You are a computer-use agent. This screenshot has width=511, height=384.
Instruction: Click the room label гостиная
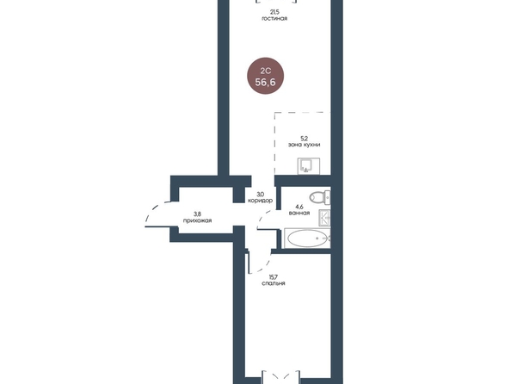coord(274,19)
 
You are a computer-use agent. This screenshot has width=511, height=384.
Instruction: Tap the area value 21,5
coord(274,12)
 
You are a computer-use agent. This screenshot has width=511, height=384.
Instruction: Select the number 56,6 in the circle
coord(265,82)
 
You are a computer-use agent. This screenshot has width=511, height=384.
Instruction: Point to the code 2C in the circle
coord(265,71)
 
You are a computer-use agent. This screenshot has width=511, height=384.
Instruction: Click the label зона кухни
coord(304,145)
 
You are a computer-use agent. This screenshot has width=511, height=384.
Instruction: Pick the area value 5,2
coord(304,139)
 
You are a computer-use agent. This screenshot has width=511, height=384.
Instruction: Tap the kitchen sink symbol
coord(308,166)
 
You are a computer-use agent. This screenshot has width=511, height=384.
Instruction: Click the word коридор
coord(260,201)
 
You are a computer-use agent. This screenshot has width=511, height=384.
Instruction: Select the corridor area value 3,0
coord(260,195)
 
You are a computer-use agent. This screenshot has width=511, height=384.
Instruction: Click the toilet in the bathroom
coord(320,196)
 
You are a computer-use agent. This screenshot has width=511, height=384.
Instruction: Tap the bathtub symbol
coord(307,238)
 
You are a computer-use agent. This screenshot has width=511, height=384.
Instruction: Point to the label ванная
coord(299,213)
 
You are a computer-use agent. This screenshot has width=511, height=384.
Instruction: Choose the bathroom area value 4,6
coord(299,207)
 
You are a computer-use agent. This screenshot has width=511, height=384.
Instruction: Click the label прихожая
coord(197,220)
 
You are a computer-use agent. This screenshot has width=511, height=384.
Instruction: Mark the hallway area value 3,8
coord(197,214)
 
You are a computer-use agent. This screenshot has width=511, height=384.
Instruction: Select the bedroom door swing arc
coord(266,266)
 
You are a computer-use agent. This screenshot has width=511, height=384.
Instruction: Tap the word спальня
coord(274,283)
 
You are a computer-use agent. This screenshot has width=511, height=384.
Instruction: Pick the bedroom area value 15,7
coord(274,277)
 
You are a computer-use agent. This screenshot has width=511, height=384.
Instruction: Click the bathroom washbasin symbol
coord(324,218)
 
